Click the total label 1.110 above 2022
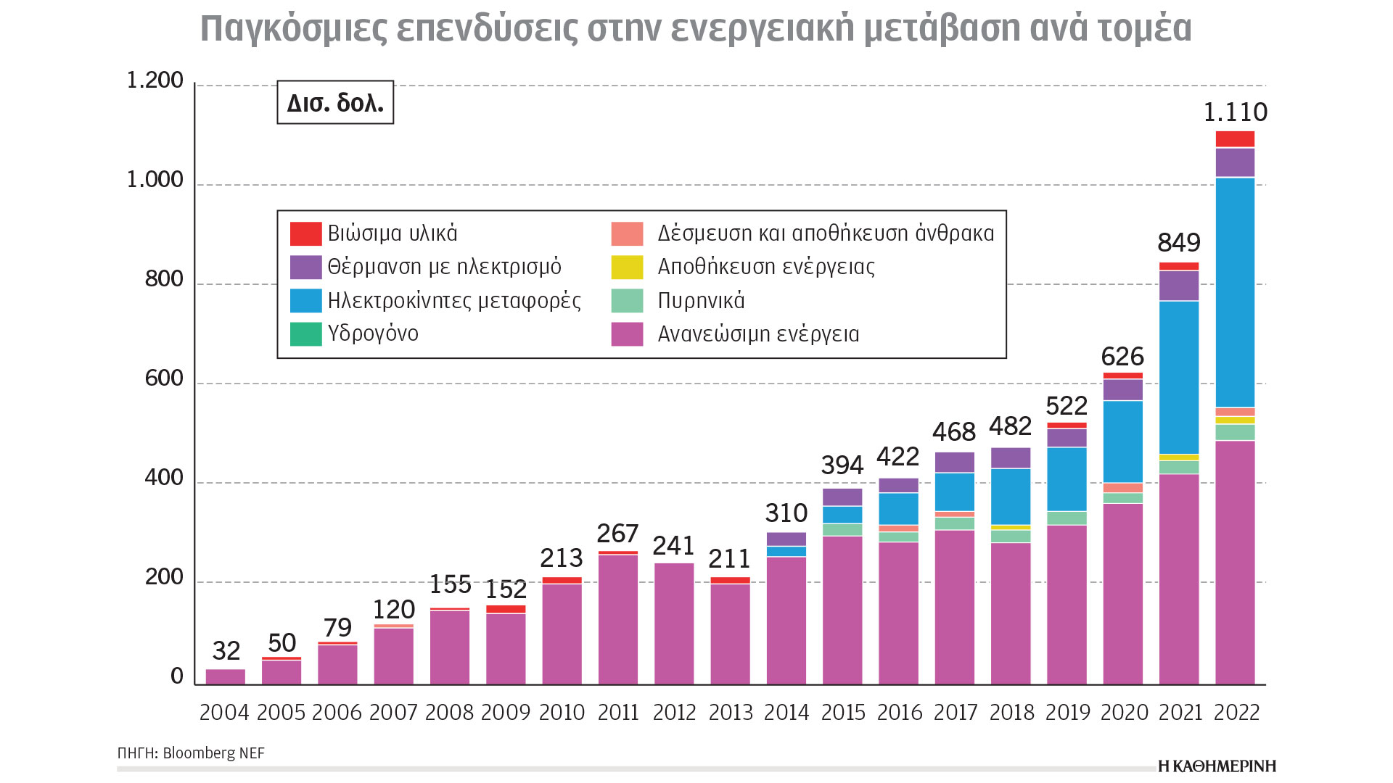tap(1235, 112)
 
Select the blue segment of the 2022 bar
tap(1235, 292)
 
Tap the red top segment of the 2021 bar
tap(1179, 266)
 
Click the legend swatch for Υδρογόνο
tap(305, 334)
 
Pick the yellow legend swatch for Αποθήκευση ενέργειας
tap(627, 267)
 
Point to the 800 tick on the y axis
tap(164, 279)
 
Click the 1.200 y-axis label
tap(155, 80)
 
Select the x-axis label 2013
tap(730, 713)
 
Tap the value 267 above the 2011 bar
tap(617, 534)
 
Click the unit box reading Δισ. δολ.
tap(335, 102)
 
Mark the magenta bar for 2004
tap(226, 676)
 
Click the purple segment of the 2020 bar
tap(1123, 390)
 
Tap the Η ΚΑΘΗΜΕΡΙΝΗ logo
tap(1217, 766)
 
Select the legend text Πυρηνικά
tap(701, 301)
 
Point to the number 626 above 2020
tap(1122, 357)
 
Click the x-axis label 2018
tap(1011, 713)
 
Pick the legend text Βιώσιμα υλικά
tap(392, 233)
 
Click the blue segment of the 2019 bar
tap(1067, 478)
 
